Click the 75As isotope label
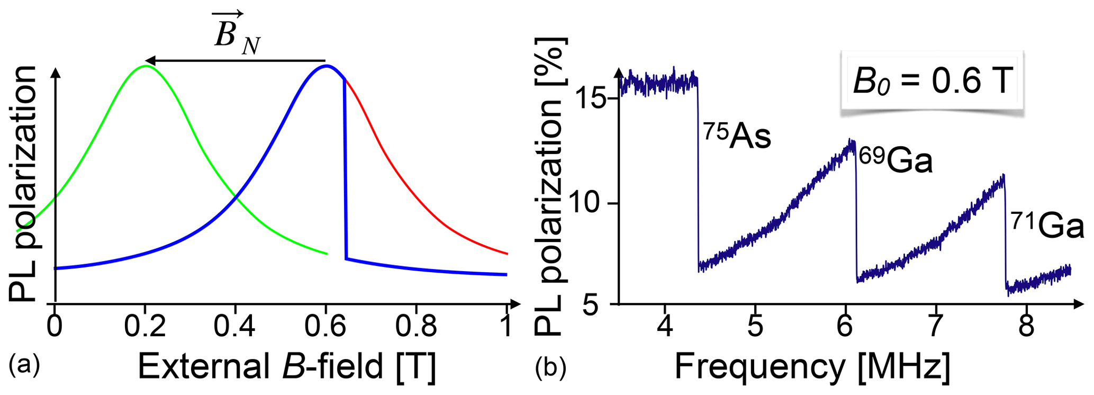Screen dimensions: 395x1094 pos(737,137)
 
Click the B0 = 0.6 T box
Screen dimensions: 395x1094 pos(933,82)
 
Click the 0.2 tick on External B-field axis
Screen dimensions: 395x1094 pos(144,327)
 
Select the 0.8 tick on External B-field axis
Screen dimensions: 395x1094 pos(416,327)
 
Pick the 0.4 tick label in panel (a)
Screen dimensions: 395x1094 pos(234,327)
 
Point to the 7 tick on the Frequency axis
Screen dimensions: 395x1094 pos(935,327)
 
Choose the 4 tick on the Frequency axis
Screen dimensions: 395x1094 pos(665,327)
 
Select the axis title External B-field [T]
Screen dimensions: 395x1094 pos(287,366)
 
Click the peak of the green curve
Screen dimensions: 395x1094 pos(146,66)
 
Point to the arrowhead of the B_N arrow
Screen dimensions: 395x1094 pos(150,60)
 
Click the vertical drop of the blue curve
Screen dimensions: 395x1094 pos(345,169)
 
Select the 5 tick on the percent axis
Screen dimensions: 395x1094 pos(599,304)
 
